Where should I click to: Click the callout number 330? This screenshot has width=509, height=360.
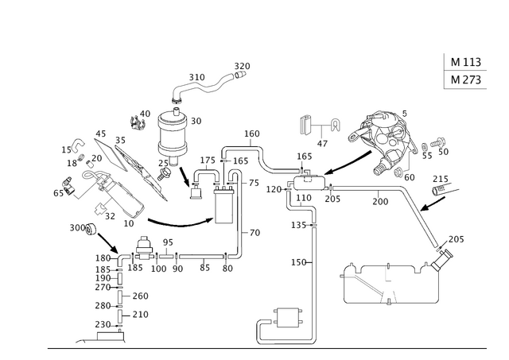pyautogui.click(x=196, y=76)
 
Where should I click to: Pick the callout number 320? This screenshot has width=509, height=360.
pyautogui.click(x=241, y=64)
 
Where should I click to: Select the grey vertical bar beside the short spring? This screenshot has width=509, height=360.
pyautogui.click(x=387, y=274)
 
